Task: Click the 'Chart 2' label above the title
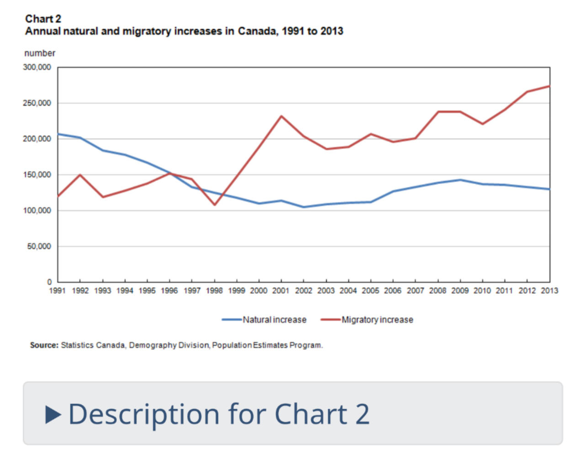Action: click(x=43, y=19)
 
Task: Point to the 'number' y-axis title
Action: click(x=40, y=53)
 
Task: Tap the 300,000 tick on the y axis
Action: click(x=37, y=67)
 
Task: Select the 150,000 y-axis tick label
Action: click(x=37, y=175)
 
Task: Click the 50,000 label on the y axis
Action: click(x=39, y=246)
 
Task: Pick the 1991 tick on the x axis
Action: click(x=58, y=291)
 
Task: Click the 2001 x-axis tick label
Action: click(x=281, y=291)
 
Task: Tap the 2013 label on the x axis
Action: click(x=549, y=291)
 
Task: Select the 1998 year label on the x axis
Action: click(x=214, y=291)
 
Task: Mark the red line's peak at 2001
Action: click(x=281, y=116)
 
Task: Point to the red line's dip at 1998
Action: click(x=214, y=205)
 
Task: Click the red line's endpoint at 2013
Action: click(x=549, y=86)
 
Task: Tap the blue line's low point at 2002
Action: click(x=303, y=207)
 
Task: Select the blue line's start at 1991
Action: click(x=58, y=134)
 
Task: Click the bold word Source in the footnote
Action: click(x=44, y=345)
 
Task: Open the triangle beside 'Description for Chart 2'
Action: click(x=53, y=414)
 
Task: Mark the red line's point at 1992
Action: click(x=80, y=174)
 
